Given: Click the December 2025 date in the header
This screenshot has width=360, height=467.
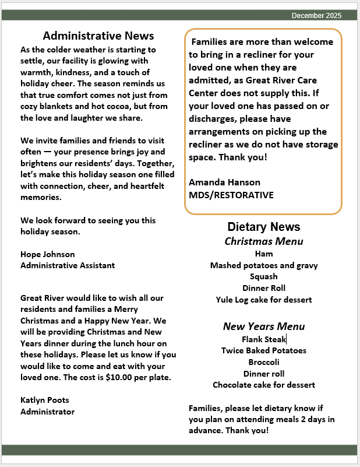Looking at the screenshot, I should pyautogui.click(x=316, y=15).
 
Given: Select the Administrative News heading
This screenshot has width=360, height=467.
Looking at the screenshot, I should pyautogui.click(x=98, y=36).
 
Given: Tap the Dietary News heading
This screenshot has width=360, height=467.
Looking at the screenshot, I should pyautogui.click(x=264, y=227).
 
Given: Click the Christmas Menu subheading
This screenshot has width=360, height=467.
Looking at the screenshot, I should pyautogui.click(x=264, y=241).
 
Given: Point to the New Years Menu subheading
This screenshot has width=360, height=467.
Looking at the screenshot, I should pyautogui.click(x=264, y=326).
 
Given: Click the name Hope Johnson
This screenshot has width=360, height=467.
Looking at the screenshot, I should pyautogui.click(x=48, y=254).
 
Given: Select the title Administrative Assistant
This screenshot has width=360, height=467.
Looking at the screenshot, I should pyautogui.click(x=68, y=265).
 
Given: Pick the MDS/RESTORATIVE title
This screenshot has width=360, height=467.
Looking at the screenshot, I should pyautogui.click(x=231, y=195).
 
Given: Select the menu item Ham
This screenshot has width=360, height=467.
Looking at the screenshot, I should pyautogui.click(x=264, y=254).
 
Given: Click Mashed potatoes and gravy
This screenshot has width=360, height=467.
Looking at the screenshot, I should pyautogui.click(x=264, y=265).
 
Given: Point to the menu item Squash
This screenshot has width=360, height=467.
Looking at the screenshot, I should pyautogui.click(x=264, y=277).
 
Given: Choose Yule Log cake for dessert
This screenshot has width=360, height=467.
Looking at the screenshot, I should pyautogui.click(x=264, y=300).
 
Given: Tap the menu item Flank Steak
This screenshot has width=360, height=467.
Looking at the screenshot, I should pyautogui.click(x=264, y=339).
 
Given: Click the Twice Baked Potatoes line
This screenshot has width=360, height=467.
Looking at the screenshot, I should pyautogui.click(x=264, y=350).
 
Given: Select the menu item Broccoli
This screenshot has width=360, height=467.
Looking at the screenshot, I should pyautogui.click(x=264, y=362).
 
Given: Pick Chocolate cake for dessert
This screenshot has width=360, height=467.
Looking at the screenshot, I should pyautogui.click(x=264, y=385).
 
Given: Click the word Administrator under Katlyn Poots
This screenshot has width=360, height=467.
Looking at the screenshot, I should pyautogui.click(x=48, y=412).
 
